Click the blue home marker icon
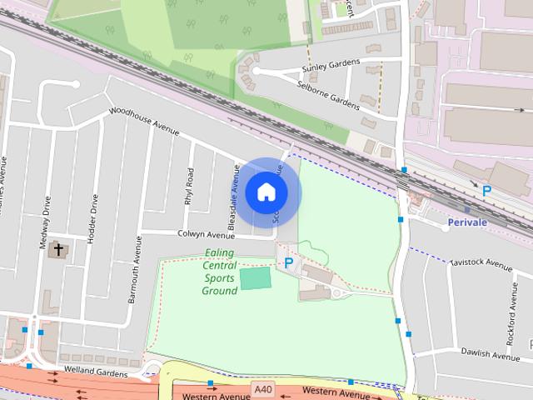tap(266, 192)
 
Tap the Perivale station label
tap(466, 222)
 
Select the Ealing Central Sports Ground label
tap(219, 272)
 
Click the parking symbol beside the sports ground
tap(288, 263)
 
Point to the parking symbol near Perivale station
tap(487, 191)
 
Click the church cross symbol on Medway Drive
tap(59, 249)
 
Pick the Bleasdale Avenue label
tap(236, 197)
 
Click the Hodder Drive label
tap(94, 216)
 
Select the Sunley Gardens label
tap(331, 64)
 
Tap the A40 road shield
tap(263, 389)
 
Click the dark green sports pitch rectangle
tap(256, 278)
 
